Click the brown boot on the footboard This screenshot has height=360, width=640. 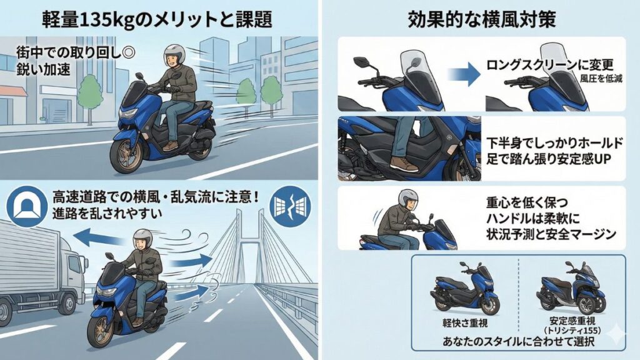coord(403,164)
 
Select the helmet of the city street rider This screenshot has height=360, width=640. coord(172,55)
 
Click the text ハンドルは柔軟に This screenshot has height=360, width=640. coord(531,219)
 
